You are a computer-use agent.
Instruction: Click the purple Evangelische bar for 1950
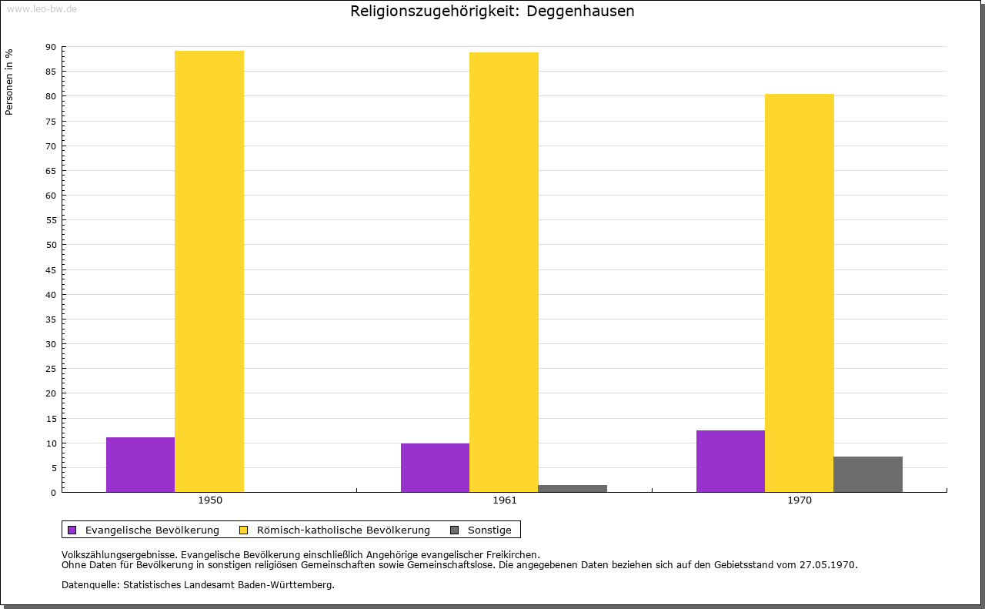(x=140, y=464)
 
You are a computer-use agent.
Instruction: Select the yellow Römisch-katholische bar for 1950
(x=209, y=271)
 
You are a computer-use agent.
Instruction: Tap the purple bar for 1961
(x=435, y=467)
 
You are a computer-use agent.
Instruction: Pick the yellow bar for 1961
(x=504, y=272)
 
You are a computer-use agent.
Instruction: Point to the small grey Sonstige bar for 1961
(x=573, y=488)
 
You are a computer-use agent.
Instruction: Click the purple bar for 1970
(x=730, y=461)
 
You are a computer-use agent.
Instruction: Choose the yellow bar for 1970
(x=799, y=293)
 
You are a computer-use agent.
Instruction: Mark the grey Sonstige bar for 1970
(x=868, y=474)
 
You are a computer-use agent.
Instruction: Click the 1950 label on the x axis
(x=210, y=500)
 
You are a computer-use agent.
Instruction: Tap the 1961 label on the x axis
(x=505, y=500)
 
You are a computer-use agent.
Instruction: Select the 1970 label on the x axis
(x=800, y=500)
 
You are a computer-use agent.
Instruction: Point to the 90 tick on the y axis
(x=51, y=47)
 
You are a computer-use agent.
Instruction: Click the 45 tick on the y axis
(x=51, y=270)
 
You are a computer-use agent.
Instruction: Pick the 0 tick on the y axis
(x=54, y=493)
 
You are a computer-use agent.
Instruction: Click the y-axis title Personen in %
(x=9, y=82)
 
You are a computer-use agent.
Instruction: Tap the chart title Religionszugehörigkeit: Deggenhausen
(x=492, y=12)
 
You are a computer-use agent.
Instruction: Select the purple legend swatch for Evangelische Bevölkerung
(x=72, y=530)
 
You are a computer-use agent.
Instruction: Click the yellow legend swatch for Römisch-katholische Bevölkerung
(x=244, y=530)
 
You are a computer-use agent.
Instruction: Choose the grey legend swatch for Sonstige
(x=454, y=530)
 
